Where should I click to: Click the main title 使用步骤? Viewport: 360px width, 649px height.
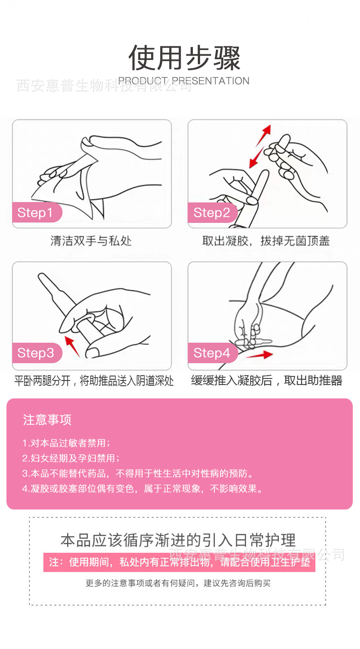tap(184, 58)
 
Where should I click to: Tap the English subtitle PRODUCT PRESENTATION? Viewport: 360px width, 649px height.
tap(184, 81)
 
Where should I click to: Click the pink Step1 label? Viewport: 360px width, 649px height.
tap(35, 213)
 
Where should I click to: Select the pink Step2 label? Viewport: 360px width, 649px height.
tap(211, 213)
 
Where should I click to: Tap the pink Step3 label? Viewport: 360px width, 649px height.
tap(36, 353)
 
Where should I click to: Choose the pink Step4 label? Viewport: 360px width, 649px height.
tap(211, 353)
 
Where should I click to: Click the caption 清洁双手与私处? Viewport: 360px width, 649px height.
tap(91, 241)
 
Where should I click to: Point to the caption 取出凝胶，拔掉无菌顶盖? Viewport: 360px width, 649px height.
tap(266, 241)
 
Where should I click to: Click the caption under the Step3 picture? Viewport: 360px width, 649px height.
tap(94, 381)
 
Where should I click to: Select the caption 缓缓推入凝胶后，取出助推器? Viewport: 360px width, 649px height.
tap(266, 381)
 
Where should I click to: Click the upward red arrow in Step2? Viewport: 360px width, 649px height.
tap(264, 135)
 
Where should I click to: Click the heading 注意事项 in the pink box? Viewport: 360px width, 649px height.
tap(47, 420)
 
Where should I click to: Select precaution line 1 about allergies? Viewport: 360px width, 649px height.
tap(66, 443)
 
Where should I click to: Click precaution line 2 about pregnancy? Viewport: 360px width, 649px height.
tap(71, 458)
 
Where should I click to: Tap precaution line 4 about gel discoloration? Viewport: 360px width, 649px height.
tap(142, 489)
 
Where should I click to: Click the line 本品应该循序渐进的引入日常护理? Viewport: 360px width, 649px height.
tap(178, 540)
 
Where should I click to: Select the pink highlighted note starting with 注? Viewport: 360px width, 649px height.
tap(179, 562)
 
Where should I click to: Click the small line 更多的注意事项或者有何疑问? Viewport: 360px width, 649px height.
tap(178, 583)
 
